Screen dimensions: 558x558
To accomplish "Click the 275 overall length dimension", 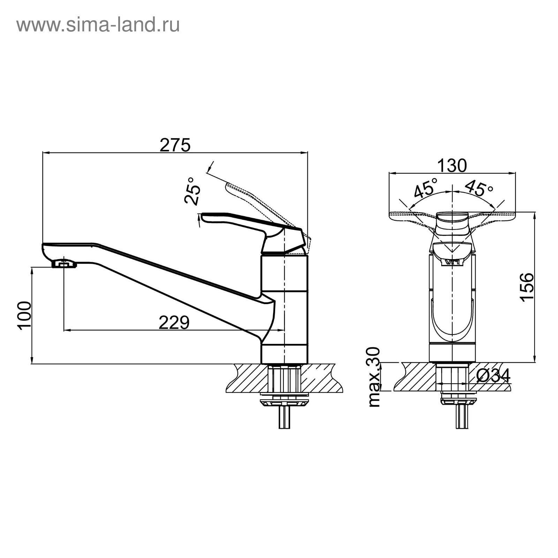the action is tap(175, 145).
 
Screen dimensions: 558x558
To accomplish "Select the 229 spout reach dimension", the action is tap(174, 323).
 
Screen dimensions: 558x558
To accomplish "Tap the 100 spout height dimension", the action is tap(25, 315).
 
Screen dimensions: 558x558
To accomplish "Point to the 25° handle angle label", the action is tap(193, 190).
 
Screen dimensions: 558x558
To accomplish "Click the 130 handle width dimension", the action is tap(452, 166).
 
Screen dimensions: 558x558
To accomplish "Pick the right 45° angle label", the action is tap(478, 188).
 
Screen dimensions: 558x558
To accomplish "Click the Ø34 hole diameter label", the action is tap(493, 376).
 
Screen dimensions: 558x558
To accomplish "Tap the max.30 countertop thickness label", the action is tap(374, 377).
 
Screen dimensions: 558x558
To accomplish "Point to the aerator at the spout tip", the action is tap(64, 264).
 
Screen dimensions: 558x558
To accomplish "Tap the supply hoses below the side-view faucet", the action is tap(284, 417).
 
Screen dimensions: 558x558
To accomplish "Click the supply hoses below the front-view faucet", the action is tap(462, 416).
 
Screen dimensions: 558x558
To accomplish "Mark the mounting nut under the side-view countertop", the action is tap(284, 402).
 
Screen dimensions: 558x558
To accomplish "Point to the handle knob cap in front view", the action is tap(452, 225).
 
